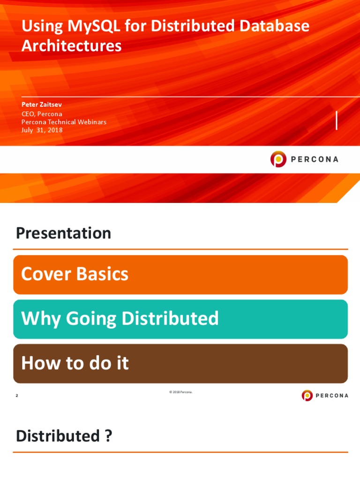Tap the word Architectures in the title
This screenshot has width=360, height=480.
click(x=71, y=46)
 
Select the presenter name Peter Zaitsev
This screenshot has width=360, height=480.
click(x=42, y=105)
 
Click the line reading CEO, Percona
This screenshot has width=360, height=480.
click(x=42, y=113)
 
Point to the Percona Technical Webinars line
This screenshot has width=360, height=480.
click(x=64, y=122)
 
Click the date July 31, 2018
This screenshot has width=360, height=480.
click(x=42, y=130)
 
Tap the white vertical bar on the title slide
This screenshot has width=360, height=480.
click(x=337, y=120)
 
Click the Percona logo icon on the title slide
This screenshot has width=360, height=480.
click(x=278, y=159)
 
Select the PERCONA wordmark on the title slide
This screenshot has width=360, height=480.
click(x=315, y=159)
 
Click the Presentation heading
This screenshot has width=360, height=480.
click(x=63, y=233)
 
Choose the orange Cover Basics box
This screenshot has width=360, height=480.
click(x=180, y=275)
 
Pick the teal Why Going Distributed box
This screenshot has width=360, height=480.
click(x=180, y=319)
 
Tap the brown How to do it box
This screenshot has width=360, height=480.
click(x=180, y=364)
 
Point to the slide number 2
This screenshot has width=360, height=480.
click(x=17, y=396)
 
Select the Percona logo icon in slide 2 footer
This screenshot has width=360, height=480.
click(x=307, y=396)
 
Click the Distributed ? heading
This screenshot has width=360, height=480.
click(x=64, y=436)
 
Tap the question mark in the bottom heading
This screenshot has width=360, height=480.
click(x=108, y=436)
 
